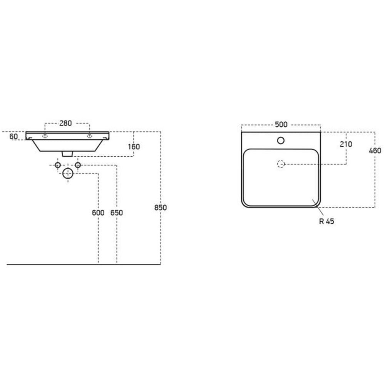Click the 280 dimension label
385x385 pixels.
65,123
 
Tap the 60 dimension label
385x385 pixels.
13,137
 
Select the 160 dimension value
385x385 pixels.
134,147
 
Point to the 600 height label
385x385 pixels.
98,213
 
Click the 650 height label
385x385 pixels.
117,213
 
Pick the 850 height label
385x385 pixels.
161,208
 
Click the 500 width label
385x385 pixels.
281,125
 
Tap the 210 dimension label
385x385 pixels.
346,144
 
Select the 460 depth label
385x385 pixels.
375,151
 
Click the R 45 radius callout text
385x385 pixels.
326,221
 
